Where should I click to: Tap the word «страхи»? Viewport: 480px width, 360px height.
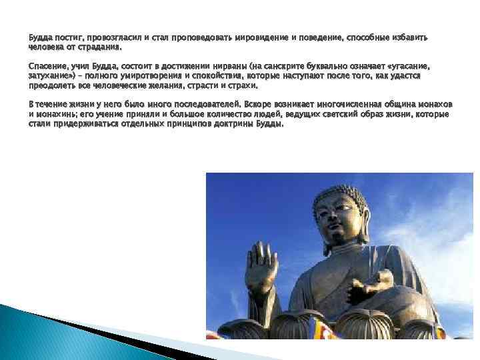pyautogui.click(x=241, y=86)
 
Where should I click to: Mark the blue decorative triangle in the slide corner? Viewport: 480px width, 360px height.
pyautogui.click(x=40, y=333)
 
